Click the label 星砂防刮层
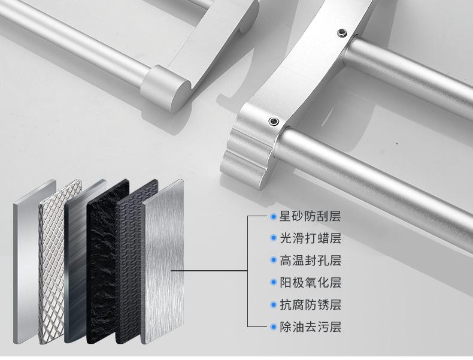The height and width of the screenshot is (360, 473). [310, 216]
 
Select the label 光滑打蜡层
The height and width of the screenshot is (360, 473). [310, 238]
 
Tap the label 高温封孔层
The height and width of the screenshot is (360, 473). [310, 261]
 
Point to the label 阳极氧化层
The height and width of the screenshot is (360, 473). [310, 283]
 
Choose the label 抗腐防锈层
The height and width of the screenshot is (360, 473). [310, 304]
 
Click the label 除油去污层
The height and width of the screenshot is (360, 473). [310, 326]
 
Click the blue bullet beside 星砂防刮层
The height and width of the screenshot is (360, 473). [274, 216]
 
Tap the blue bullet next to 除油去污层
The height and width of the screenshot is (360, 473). [274, 326]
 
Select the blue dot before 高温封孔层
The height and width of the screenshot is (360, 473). [274, 260]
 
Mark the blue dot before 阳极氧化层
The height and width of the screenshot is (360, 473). [274, 283]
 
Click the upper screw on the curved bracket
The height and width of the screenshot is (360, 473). [341, 32]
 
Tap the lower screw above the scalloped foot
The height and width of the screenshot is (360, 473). [274, 122]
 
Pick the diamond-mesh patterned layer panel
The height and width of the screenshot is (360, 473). [60, 262]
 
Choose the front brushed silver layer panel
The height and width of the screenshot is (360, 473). [163, 262]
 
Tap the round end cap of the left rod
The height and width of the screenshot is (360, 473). [166, 87]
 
